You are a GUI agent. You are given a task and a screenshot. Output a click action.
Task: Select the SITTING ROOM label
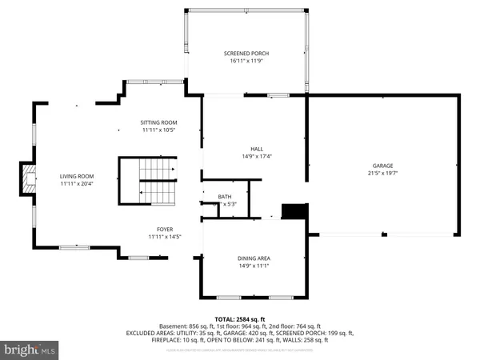[160, 122]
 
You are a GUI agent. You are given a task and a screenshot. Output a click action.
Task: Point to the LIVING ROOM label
[77, 176]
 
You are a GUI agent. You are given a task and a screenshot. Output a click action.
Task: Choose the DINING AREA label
[253, 258]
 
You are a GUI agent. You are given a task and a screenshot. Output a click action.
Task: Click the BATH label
[225, 197]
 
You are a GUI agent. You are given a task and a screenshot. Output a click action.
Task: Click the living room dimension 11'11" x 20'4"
[77, 183]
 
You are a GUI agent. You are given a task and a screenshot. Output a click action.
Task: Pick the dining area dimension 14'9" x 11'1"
[253, 265]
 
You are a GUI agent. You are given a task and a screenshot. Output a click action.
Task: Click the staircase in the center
[148, 181]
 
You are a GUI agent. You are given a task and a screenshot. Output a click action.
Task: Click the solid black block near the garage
[294, 211]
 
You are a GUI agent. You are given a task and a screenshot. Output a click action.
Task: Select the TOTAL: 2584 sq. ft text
[240, 318]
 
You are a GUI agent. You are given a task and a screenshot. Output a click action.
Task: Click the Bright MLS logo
[30, 349]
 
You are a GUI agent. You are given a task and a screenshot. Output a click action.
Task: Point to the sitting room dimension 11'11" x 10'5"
[160, 130]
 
